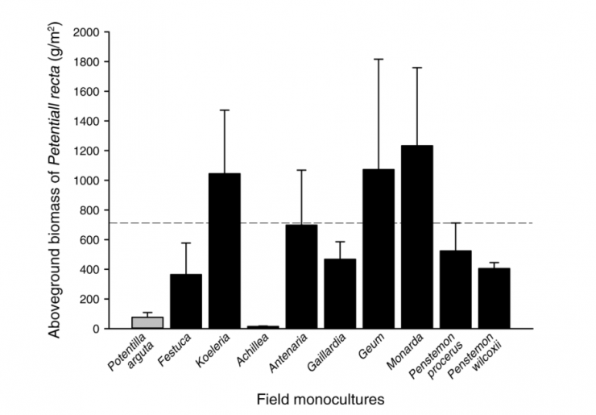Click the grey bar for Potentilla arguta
tap(147, 322)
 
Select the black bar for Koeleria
tap(225, 251)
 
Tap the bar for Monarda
tap(416, 237)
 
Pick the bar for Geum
tap(378, 249)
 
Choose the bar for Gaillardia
tap(340, 293)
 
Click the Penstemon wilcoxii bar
tap(494, 298)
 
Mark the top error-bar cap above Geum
tap(378, 60)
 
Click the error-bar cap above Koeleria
tap(225, 110)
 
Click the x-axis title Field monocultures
tap(313, 398)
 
